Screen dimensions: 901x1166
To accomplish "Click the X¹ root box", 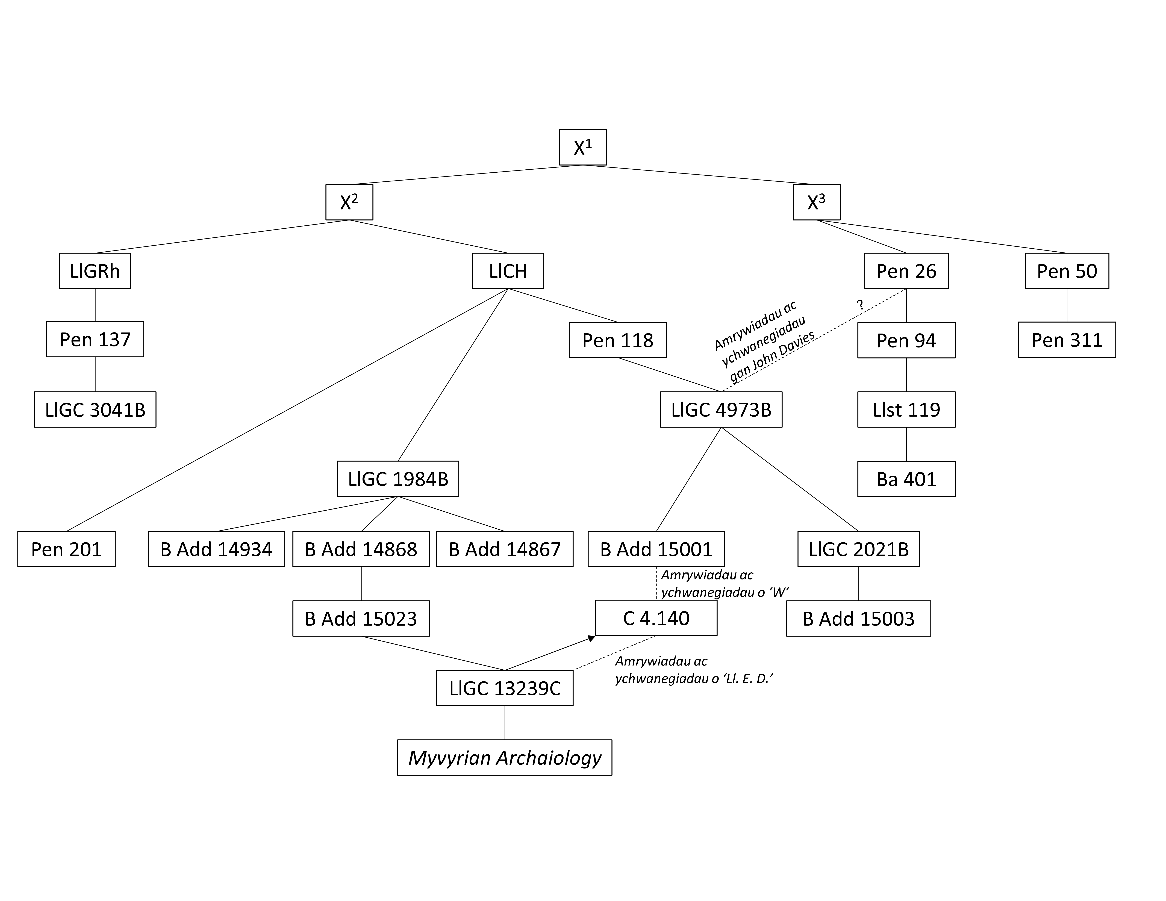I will click(x=582, y=147).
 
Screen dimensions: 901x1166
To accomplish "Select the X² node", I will click(x=349, y=202).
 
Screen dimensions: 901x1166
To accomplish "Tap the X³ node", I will click(x=816, y=202).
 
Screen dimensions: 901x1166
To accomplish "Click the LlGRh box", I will click(x=95, y=271).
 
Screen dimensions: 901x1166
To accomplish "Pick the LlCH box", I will click(x=508, y=271).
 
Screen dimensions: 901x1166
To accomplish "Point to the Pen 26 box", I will click(x=906, y=271).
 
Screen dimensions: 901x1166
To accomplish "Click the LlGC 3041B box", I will click(x=95, y=409).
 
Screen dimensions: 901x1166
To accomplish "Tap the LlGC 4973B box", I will click(x=721, y=409).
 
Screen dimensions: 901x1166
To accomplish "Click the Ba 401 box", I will click(x=906, y=479).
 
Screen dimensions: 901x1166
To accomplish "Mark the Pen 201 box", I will click(x=66, y=549).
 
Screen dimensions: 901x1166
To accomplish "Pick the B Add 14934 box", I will click(x=216, y=549).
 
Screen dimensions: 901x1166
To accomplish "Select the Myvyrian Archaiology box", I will click(x=505, y=757).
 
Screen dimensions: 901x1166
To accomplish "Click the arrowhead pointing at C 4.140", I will click(x=591, y=638).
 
